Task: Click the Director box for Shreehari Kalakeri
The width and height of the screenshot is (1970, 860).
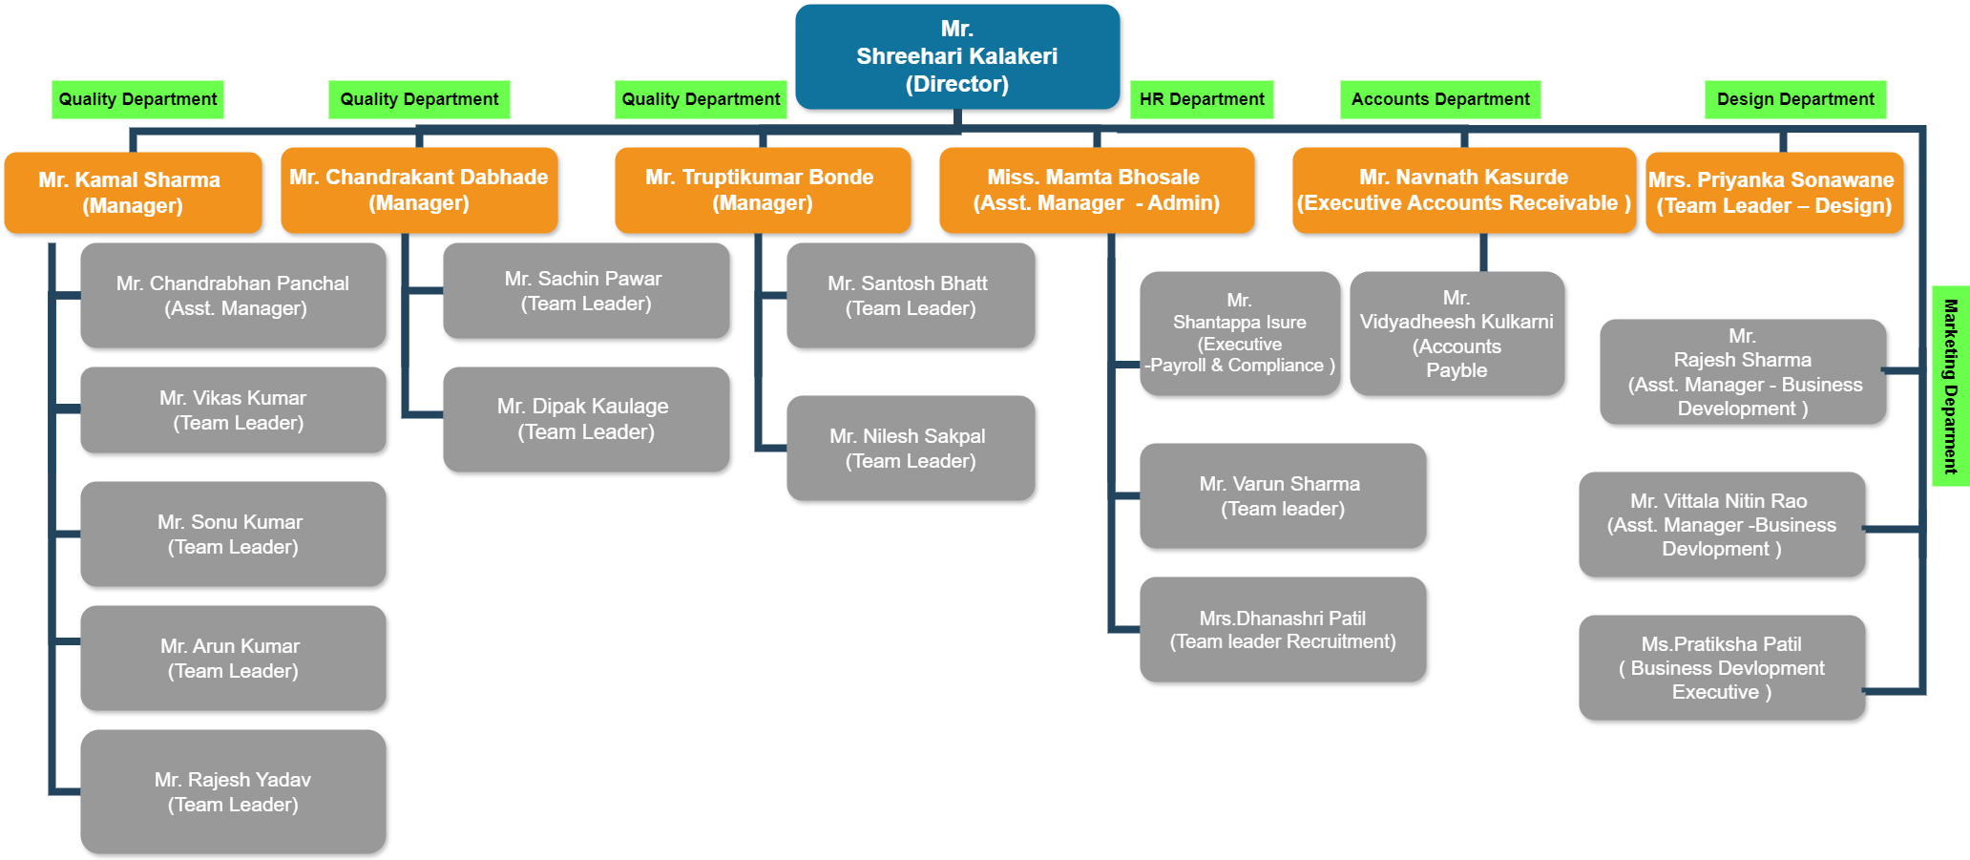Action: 957,56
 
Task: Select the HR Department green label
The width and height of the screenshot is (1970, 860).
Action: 1202,99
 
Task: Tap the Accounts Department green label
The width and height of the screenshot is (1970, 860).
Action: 1440,99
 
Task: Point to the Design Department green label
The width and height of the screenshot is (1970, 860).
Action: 1795,99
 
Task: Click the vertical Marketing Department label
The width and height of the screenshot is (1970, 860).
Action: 1950,386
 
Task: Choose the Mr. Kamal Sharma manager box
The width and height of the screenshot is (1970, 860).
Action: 133,192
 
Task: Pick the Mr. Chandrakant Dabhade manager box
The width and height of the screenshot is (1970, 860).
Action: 419,190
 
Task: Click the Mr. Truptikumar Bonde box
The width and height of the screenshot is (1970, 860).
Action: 763,190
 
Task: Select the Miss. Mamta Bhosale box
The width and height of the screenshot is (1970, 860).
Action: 1097,190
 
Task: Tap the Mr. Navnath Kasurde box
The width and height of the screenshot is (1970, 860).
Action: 1464,190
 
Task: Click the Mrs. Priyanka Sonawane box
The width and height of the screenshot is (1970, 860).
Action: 1774,192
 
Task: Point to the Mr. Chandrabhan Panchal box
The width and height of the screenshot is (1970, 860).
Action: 233,295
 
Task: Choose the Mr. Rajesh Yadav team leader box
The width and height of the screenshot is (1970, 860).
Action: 233,791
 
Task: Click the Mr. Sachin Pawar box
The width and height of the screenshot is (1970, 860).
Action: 586,290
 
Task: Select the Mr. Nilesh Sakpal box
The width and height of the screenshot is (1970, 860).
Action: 911,448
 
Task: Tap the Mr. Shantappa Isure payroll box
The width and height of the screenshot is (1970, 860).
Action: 1240,333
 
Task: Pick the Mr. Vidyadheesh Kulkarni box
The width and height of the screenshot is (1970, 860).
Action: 1457,333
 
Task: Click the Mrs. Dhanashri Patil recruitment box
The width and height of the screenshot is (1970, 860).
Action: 1283,629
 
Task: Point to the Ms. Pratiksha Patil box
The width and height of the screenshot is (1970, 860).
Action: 1722,667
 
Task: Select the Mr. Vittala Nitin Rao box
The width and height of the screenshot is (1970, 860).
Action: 1722,524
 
